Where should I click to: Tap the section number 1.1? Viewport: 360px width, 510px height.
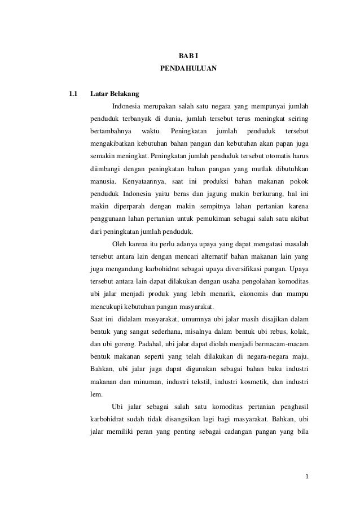point(72,92)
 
